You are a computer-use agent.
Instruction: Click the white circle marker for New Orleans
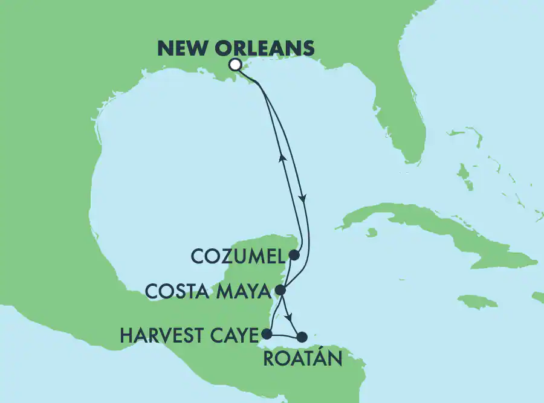coord(235,65)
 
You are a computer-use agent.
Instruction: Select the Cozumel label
coord(237,257)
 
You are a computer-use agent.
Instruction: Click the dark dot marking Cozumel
coord(293,255)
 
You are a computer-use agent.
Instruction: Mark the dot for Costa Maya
coord(280,290)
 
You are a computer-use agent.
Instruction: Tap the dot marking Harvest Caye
coord(266,333)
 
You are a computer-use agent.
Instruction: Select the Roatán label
coord(302,359)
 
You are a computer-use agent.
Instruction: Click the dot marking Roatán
coord(302,337)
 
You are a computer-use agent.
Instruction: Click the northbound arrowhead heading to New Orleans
coord(281,158)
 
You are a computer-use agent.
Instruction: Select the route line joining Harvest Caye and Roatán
coord(284,334)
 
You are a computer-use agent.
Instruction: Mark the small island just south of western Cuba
coord(371,233)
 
